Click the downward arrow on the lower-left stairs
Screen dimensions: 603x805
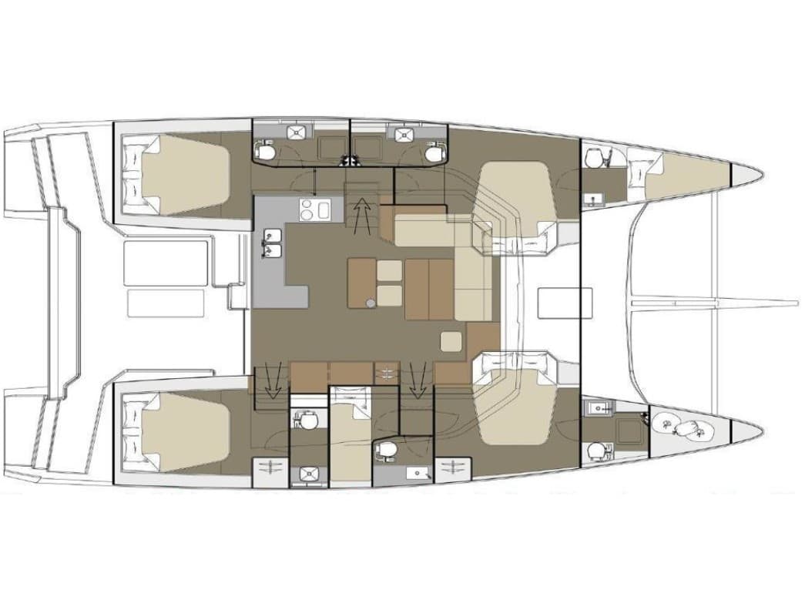click(271, 380)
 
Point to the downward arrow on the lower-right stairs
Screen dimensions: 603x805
click(418, 380)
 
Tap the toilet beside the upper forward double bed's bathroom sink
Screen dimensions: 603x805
click(434, 153)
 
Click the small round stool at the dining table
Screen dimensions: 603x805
click(371, 303)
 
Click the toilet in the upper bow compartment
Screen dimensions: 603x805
click(594, 159)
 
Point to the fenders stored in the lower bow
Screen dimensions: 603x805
click(682, 425)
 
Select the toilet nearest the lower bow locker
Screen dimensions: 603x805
click(595, 451)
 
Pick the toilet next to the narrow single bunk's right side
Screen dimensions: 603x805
click(385, 448)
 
